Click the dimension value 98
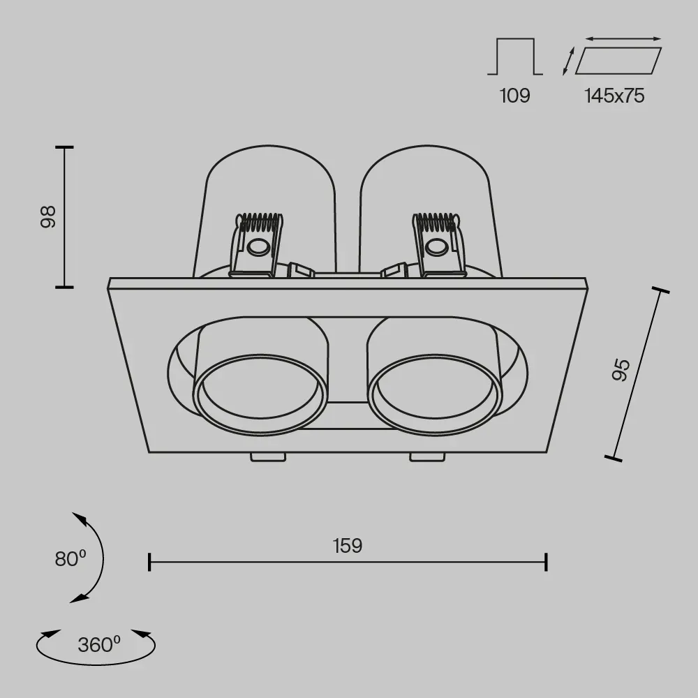click(x=48, y=217)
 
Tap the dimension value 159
click(x=348, y=546)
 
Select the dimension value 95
click(x=621, y=370)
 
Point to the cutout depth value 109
click(x=515, y=96)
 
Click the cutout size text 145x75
click(x=615, y=96)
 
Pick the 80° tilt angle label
click(x=70, y=558)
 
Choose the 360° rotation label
click(x=99, y=644)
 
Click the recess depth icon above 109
click(x=515, y=57)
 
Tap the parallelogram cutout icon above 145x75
click(x=618, y=61)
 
